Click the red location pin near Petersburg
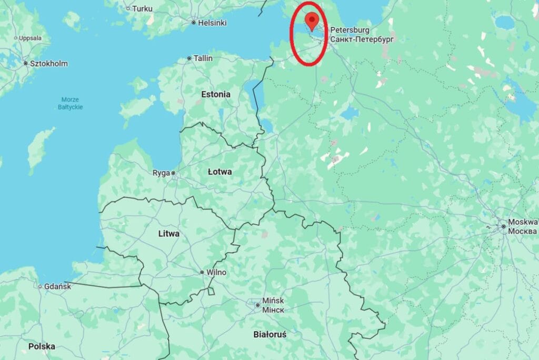click(x=312, y=22)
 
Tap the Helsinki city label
click(x=212, y=23)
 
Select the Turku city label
click(x=142, y=8)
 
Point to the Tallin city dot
click(x=189, y=58)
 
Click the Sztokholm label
click(x=49, y=64)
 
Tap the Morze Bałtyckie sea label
click(x=71, y=103)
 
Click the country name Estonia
click(x=216, y=94)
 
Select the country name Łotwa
click(x=219, y=172)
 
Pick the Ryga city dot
click(x=173, y=173)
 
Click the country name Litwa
click(x=168, y=233)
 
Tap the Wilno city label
click(x=216, y=272)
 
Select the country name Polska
click(x=42, y=346)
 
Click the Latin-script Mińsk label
click(x=273, y=301)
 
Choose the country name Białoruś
click(x=269, y=334)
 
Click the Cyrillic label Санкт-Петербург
click(x=362, y=39)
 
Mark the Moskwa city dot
click(x=504, y=227)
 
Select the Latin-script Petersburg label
click(x=350, y=30)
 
